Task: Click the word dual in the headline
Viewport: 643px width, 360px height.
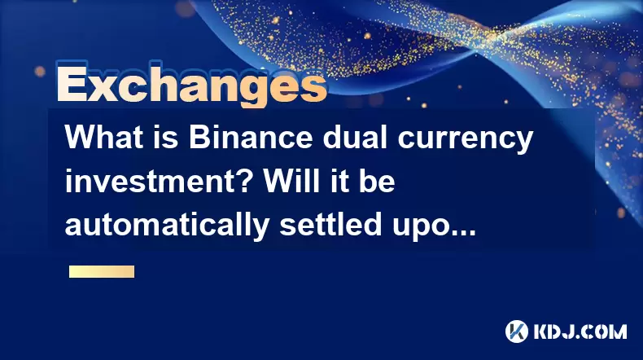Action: pyautogui.click(x=355, y=138)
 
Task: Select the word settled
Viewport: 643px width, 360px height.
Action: pyautogui.click(x=331, y=225)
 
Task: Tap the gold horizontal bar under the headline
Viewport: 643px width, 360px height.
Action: pyautogui.click(x=102, y=272)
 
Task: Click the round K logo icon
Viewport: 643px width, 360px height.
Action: pyautogui.click(x=516, y=331)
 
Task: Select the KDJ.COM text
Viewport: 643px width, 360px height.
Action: pyautogui.click(x=580, y=331)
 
